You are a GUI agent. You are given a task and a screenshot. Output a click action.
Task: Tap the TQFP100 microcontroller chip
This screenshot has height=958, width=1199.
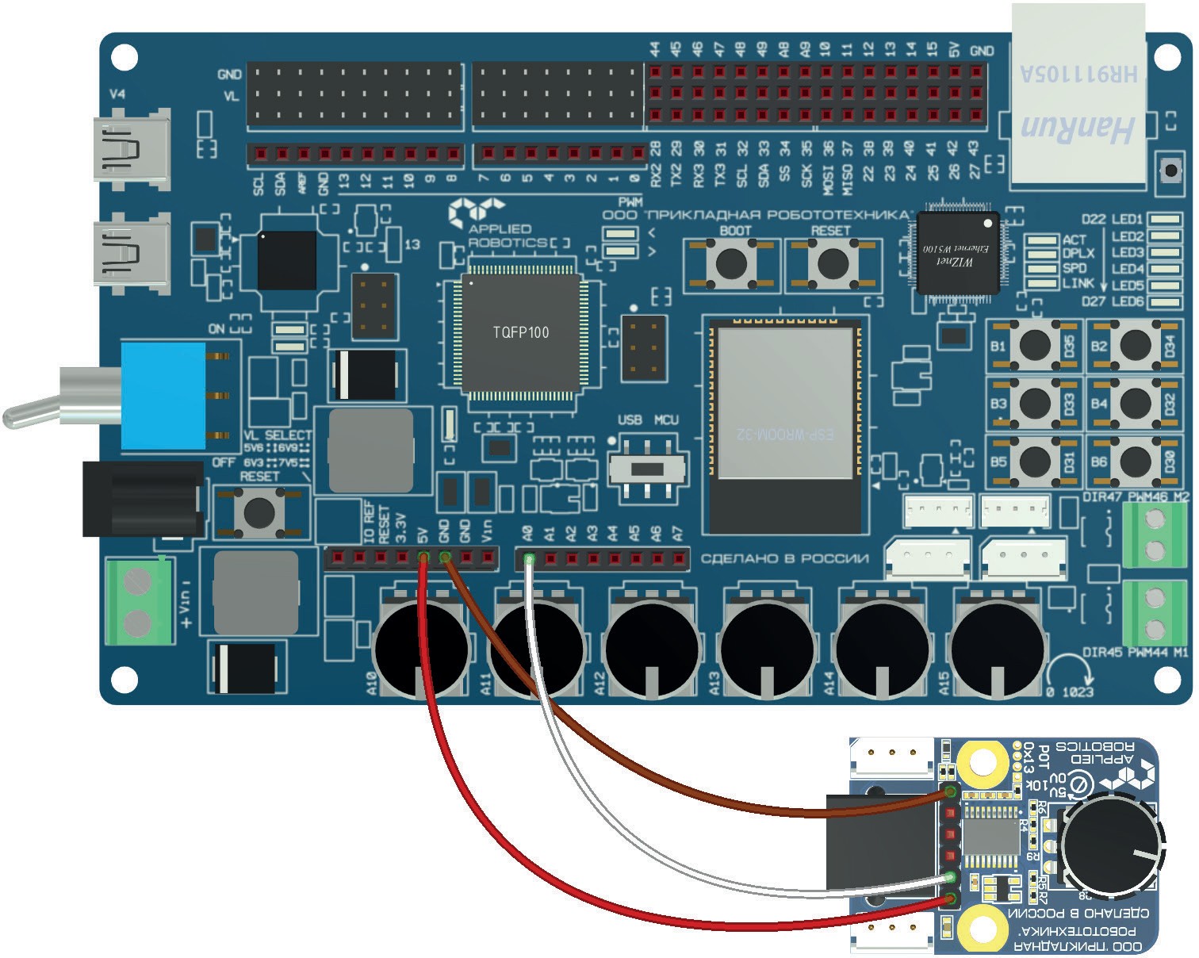click(520, 332)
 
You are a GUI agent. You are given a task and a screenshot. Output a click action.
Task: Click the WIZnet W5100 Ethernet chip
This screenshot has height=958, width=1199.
click(957, 253)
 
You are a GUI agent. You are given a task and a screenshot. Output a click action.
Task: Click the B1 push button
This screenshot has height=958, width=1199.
click(1035, 345)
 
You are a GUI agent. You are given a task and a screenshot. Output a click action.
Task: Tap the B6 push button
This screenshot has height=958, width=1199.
click(1135, 460)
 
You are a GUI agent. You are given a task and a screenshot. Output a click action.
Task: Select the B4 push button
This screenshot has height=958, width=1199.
click(1135, 403)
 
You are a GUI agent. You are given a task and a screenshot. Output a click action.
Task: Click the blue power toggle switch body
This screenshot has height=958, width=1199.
click(163, 394)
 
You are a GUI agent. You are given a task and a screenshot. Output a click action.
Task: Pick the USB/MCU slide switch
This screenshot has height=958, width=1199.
click(648, 469)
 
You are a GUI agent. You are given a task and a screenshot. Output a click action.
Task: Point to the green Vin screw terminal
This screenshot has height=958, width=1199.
click(140, 600)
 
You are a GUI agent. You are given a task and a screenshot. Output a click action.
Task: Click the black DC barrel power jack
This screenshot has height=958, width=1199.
click(143, 500)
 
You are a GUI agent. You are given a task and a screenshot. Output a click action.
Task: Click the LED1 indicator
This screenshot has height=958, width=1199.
click(1164, 220)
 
